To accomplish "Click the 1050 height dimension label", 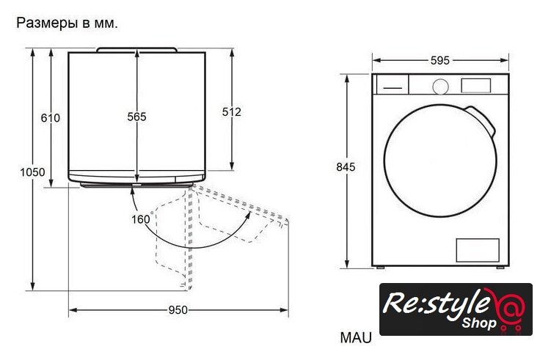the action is tap(32, 172).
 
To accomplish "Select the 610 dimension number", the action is tap(51, 118).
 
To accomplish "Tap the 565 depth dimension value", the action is tap(136, 117).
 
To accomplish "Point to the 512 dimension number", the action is tap(231, 112).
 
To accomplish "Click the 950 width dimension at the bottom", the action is tap(178, 310).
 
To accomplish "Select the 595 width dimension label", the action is tap(440, 61).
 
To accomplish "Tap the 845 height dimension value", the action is tap(346, 167).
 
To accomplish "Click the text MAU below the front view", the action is tap(356, 337).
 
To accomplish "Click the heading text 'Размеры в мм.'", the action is tap(67, 23).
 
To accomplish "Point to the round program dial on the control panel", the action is tap(440, 87).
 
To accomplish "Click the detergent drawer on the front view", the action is tap(393, 84).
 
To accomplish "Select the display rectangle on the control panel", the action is tap(476, 86).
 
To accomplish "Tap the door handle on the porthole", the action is tap(482, 121).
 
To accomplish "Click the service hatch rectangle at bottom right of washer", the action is tap(478, 250).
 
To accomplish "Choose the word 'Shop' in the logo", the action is tap(479, 323).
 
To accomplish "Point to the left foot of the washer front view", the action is tap(380, 267).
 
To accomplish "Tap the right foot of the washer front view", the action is tap(500, 267).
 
